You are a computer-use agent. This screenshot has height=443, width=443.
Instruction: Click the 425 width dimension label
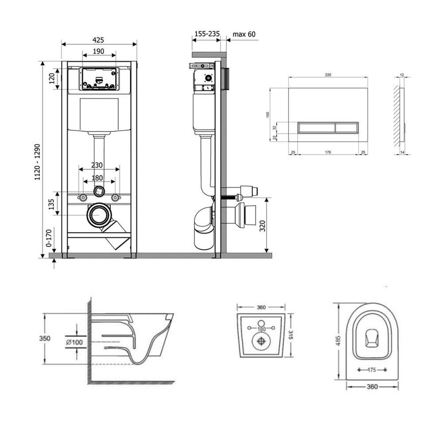pyautogui.click(x=98, y=40)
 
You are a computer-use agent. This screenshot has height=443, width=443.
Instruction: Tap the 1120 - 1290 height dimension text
pyautogui.click(x=37, y=162)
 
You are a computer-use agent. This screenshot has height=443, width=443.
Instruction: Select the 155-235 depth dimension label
pyautogui.click(x=207, y=34)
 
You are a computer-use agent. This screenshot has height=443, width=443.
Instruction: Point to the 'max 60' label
pyautogui.click(x=244, y=34)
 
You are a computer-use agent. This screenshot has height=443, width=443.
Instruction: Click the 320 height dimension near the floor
pyautogui.click(x=262, y=226)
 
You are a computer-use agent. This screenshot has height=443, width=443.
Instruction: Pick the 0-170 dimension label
pyautogui.click(x=49, y=238)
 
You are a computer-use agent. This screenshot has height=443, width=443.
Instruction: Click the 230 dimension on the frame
pyautogui.click(x=97, y=165)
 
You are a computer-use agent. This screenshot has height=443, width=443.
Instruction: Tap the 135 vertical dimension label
pyautogui.click(x=51, y=205)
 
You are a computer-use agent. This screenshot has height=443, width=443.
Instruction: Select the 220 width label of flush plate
pyautogui.click(x=328, y=75)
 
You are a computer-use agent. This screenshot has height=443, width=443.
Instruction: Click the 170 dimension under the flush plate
pyautogui.click(x=328, y=152)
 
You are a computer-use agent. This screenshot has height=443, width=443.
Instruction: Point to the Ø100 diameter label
pyautogui.click(x=74, y=342)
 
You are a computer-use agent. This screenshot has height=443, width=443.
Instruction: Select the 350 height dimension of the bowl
pyautogui.click(x=45, y=338)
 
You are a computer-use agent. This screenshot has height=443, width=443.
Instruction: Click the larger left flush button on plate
pyautogui.click(x=316, y=128)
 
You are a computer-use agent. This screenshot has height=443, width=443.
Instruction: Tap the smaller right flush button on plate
pyautogui.click(x=347, y=128)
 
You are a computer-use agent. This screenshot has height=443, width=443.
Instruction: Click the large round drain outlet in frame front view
pyautogui.click(x=99, y=215)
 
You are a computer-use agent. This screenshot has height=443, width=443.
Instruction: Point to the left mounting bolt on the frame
pyautogui.click(x=83, y=198)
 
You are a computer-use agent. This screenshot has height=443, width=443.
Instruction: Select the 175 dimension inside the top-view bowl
pyautogui.click(x=372, y=370)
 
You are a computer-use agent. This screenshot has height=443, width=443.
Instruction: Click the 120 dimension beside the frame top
pyautogui.click(x=51, y=78)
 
